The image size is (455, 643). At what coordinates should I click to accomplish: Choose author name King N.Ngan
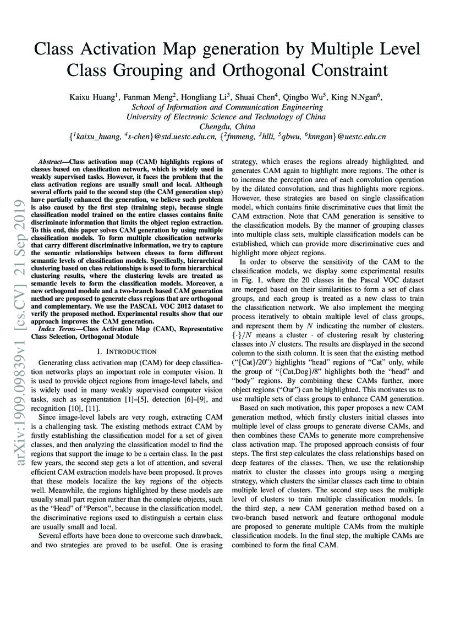pyautogui.click(x=358, y=97)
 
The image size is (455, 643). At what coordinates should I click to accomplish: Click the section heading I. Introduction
pyautogui.click(x=127, y=351)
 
